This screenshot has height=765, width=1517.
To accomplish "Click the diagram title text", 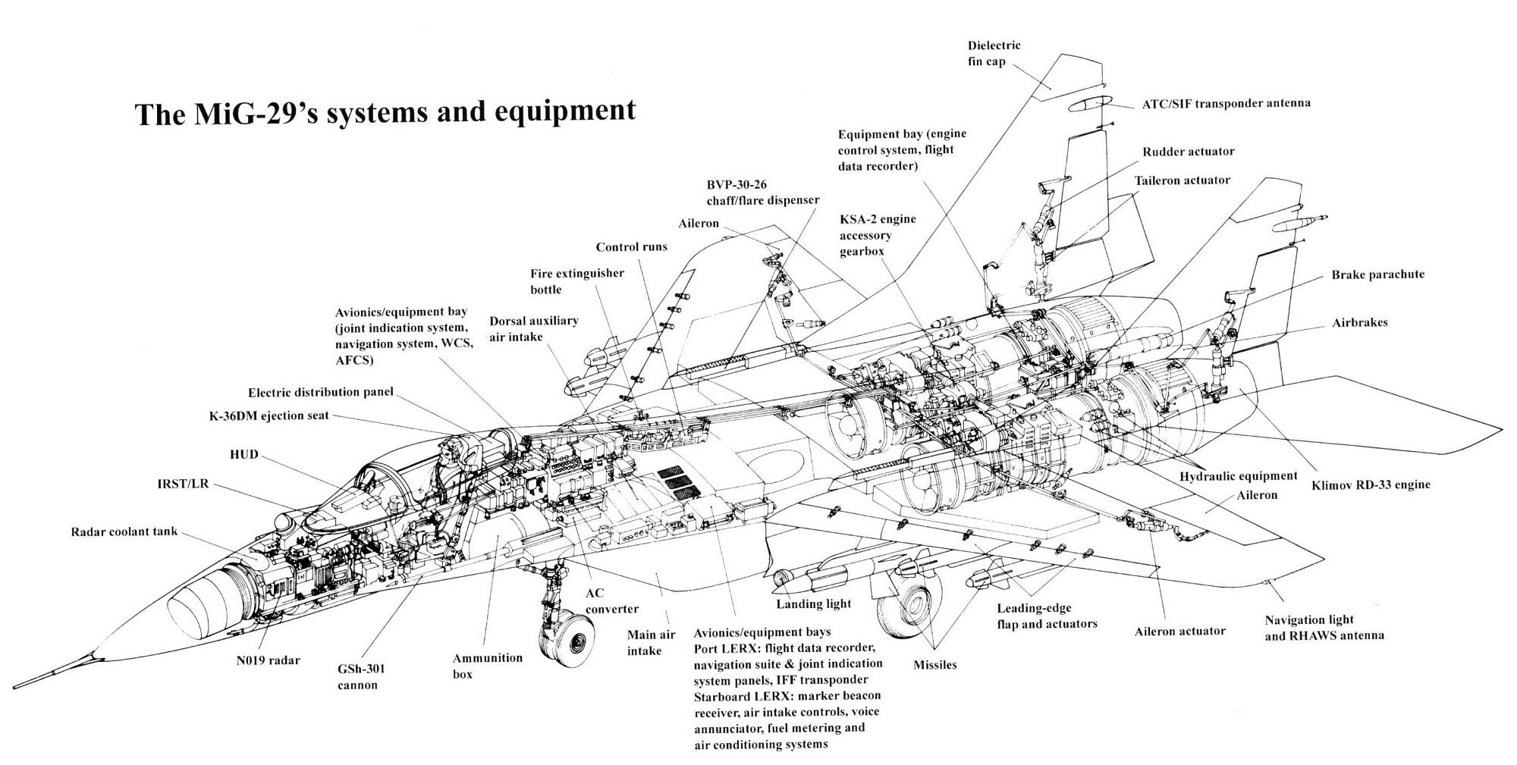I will pos(385,112).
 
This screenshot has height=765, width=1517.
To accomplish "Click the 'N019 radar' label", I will pos(268,660).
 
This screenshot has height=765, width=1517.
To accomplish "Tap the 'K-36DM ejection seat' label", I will pos(269,415).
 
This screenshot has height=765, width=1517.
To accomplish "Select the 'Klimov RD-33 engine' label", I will pos(1371,484).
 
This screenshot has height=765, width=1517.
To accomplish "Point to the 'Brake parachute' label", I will pos(1377,274).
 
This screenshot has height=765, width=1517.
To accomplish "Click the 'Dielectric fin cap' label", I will pos(994,53).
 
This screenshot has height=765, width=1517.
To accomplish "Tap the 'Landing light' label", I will pos(813,604).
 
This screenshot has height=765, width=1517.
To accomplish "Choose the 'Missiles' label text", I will pos(934,665).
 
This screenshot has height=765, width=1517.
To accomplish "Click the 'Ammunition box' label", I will pos(487,666).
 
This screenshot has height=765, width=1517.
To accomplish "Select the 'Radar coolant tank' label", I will pos(124,531).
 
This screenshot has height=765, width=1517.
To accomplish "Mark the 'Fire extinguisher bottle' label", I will pos(576,281).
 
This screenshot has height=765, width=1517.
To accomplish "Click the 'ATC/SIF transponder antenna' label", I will pos(1226,103).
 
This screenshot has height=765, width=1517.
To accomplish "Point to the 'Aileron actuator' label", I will pos(1179,631).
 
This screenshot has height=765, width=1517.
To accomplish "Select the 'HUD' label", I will pos(243,454).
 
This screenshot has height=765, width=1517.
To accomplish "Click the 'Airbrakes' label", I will pos(1359,322).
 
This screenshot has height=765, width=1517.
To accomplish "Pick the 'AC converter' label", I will pos(611,600).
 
